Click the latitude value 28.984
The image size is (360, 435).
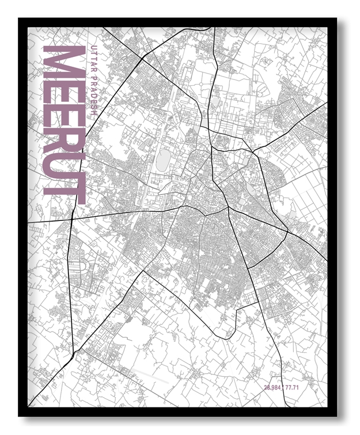275,387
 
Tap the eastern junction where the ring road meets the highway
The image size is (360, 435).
287,232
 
